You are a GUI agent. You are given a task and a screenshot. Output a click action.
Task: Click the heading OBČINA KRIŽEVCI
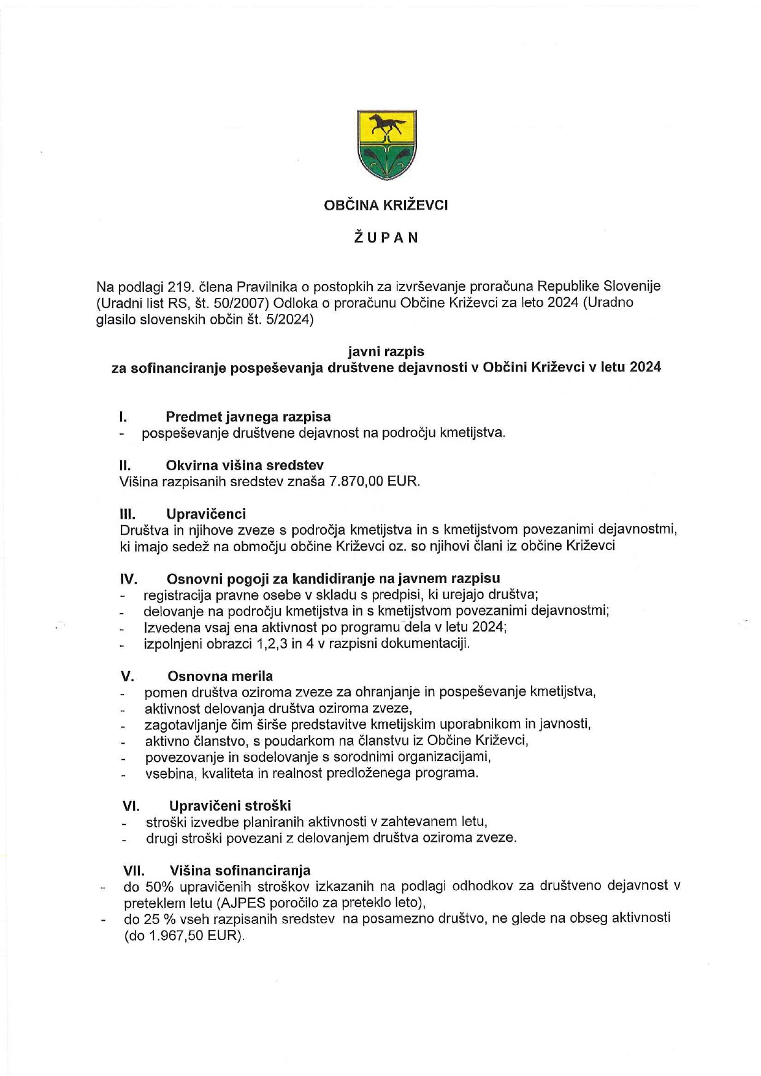tap(386, 205)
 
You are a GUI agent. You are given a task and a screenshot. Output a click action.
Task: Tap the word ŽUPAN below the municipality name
tap(386, 238)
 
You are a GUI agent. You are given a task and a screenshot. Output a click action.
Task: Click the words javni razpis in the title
tap(386, 351)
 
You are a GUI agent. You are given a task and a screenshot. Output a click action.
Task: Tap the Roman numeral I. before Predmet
tap(123, 417)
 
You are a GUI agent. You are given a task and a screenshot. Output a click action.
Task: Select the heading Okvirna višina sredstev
tap(245, 465)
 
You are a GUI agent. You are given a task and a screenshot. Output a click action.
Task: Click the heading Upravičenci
tap(206, 514)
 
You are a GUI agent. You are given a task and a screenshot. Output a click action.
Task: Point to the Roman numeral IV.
tap(128, 579)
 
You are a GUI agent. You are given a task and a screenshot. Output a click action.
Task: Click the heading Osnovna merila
tap(220, 676)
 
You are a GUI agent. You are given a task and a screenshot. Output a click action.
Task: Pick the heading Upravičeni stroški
tap(230, 806)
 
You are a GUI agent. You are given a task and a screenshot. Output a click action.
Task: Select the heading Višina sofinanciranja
tap(240, 871)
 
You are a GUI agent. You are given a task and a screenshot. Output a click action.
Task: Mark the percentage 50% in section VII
tap(156, 887)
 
